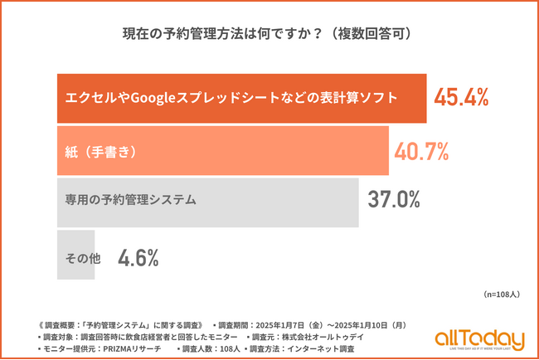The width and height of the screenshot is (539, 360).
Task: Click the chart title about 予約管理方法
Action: tap(269, 35)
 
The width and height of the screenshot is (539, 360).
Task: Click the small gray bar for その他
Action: tap(79, 258)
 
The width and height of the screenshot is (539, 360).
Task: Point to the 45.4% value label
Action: tap(461, 98)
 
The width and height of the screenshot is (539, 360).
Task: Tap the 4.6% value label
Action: tap(138, 258)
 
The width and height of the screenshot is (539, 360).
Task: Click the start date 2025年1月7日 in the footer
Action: tap(294, 325)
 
